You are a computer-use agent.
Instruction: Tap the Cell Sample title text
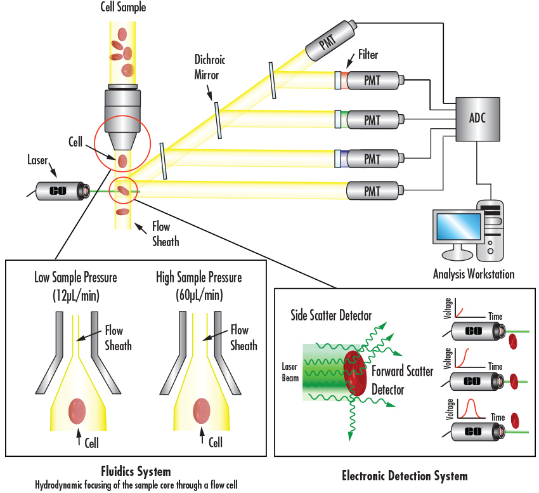(122, 8)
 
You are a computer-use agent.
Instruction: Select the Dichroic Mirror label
(210, 68)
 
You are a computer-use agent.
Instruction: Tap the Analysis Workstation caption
(474, 275)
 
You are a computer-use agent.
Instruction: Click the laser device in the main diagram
(62, 190)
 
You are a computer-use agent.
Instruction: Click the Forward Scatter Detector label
(403, 380)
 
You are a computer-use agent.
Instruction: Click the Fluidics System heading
(136, 471)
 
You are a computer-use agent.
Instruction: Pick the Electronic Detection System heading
(405, 476)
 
